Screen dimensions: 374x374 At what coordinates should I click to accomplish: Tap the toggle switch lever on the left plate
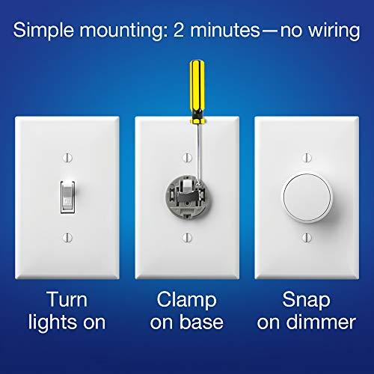point(67,196)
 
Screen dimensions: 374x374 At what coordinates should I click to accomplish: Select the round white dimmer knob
point(306,195)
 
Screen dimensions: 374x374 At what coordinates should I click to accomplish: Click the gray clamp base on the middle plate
point(186,195)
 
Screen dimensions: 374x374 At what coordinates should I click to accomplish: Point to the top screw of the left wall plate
point(67,158)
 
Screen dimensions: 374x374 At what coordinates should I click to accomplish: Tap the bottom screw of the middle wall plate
point(186,238)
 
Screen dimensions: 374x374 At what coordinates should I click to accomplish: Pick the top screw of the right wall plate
point(306,158)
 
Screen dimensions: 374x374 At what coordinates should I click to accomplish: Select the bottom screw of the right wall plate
point(306,237)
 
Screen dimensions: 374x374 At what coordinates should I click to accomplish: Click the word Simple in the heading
point(47,31)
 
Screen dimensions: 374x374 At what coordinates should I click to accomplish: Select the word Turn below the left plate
point(67,301)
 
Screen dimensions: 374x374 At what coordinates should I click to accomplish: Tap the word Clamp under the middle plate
point(186,301)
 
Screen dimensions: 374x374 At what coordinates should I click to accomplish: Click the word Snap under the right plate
point(306,301)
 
